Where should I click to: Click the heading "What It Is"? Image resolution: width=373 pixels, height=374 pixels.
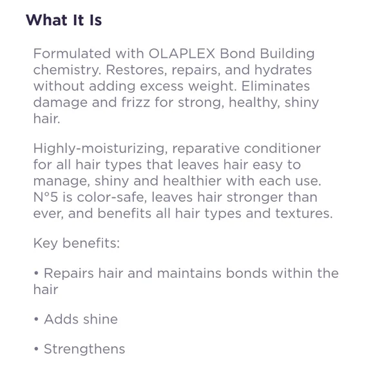coord(64,20)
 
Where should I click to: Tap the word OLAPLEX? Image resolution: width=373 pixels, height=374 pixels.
coord(182,54)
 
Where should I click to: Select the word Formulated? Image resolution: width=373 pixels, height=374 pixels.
coord(72,54)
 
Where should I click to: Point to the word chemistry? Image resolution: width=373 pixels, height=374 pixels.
coord(67,70)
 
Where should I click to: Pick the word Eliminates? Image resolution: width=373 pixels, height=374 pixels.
coord(276,86)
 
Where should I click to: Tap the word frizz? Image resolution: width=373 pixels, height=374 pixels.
coord(136,103)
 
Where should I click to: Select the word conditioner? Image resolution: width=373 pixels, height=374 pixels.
coord(282,148)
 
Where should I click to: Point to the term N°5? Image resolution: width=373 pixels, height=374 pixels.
coord(46,197)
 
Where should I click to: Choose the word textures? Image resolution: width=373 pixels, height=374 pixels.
coord(304,213)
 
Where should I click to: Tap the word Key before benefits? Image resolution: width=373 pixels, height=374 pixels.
coord(46,244)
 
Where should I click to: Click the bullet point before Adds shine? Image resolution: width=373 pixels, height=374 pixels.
coord(36,319)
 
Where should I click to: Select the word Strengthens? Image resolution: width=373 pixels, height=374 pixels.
coord(84,349)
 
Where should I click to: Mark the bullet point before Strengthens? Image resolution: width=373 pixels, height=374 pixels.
coord(36,349)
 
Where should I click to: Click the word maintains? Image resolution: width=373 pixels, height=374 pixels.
coord(189,273)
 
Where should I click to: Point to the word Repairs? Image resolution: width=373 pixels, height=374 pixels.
coord(69,273)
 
